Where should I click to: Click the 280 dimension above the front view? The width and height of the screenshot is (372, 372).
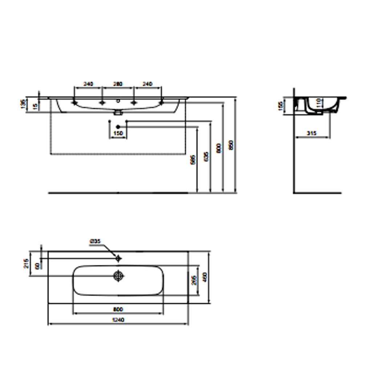point(118,84)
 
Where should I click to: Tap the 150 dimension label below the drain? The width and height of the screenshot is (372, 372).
point(118,133)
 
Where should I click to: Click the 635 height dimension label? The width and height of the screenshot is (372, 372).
point(206,157)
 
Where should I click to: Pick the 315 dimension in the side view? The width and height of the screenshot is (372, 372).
point(311,133)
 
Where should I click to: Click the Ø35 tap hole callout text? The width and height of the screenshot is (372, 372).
point(95,241)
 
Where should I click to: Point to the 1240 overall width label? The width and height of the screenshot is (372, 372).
point(118,320)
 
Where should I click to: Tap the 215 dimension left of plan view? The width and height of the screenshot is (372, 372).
point(25,264)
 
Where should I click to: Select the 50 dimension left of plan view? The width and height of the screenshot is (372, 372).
point(37,266)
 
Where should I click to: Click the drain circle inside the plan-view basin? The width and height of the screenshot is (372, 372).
point(118,276)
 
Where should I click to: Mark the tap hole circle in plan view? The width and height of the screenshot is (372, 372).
point(118,258)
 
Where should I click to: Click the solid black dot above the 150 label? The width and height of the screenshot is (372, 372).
point(118,126)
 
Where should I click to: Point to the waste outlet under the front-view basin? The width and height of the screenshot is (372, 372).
point(117,113)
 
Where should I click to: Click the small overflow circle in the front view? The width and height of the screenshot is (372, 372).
point(118,101)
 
